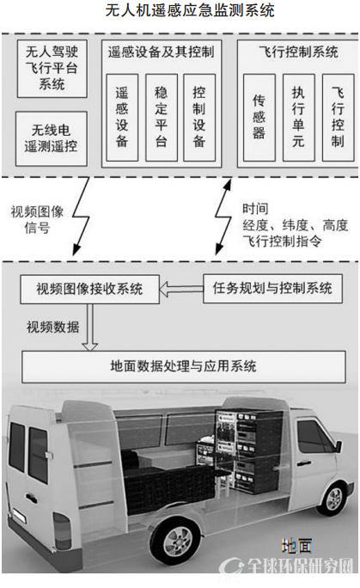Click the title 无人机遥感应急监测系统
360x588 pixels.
(x=190, y=10)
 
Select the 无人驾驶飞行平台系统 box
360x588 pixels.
(x=52, y=69)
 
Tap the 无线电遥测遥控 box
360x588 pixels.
(x=52, y=138)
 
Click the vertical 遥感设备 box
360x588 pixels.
(x=122, y=118)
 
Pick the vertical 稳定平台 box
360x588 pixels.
(x=162, y=118)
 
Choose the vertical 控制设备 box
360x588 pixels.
(x=199, y=118)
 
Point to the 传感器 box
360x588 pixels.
(x=259, y=118)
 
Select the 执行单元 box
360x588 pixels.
(x=298, y=118)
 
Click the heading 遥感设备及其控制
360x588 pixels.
(x=161, y=52)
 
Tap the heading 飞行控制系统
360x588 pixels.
(x=298, y=52)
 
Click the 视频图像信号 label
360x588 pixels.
(x=37, y=220)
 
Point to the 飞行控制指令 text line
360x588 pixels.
(x=282, y=241)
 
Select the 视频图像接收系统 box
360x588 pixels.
(x=90, y=289)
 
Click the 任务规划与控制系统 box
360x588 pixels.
(x=272, y=288)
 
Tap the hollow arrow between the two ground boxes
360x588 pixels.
(x=181, y=289)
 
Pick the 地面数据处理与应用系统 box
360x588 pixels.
(x=184, y=366)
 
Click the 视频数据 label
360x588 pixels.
(x=52, y=327)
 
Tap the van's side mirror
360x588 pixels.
(x=339, y=445)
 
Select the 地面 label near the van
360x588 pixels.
(x=296, y=547)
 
